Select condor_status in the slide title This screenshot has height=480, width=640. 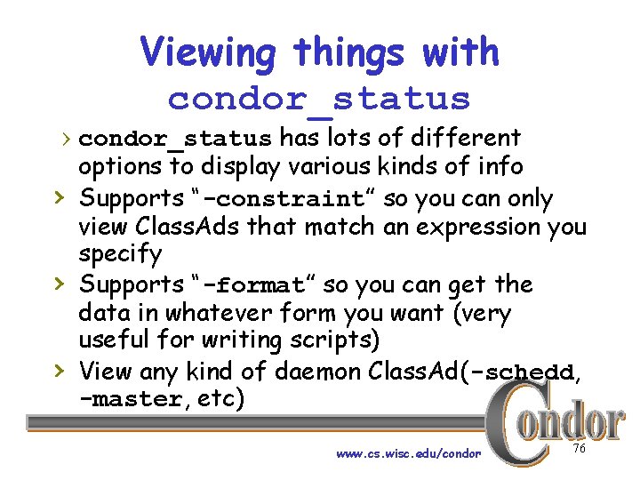tap(318, 99)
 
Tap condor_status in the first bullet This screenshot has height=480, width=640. tap(175, 140)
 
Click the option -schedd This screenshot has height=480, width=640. tap(526, 371)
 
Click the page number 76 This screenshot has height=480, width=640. tap(580, 449)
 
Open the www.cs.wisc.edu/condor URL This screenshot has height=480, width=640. tap(408, 453)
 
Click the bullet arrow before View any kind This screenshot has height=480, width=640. tap(59, 368)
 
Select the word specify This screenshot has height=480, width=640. tap(120, 255)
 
